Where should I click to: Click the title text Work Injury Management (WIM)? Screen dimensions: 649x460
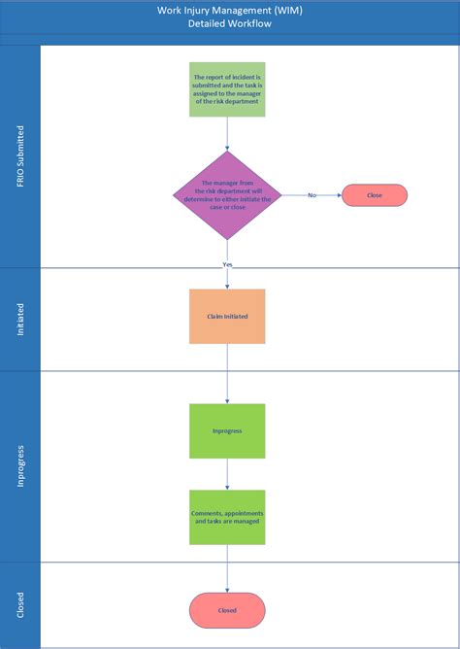(x=229, y=10)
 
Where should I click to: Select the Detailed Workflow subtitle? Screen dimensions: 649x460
(x=229, y=23)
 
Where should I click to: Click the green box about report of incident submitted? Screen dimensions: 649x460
(x=227, y=89)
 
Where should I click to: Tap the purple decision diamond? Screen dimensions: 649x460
(x=227, y=195)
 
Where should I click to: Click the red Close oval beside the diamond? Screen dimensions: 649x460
(x=374, y=195)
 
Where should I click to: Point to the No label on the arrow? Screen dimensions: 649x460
(x=312, y=195)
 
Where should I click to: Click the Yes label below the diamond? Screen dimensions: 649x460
(x=227, y=263)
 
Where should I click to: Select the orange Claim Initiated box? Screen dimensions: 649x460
(x=227, y=316)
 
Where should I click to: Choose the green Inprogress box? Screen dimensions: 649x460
(x=227, y=430)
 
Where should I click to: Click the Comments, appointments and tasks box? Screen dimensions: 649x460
(x=227, y=516)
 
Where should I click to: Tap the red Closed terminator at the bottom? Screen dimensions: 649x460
(x=227, y=610)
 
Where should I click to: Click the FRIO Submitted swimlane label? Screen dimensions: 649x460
(x=20, y=155)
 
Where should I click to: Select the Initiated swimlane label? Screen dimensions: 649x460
(x=20, y=319)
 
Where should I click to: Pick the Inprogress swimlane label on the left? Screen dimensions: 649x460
(x=20, y=466)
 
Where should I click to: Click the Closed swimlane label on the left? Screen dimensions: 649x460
(x=20, y=605)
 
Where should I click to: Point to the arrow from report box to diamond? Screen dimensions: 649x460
(x=227, y=133)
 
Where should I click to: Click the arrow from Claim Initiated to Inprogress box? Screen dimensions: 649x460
(x=227, y=373)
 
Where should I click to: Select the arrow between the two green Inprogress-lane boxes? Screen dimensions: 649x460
(x=227, y=474)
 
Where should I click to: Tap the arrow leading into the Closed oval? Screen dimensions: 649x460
(x=227, y=568)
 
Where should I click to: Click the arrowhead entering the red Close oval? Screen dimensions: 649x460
(x=338, y=195)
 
